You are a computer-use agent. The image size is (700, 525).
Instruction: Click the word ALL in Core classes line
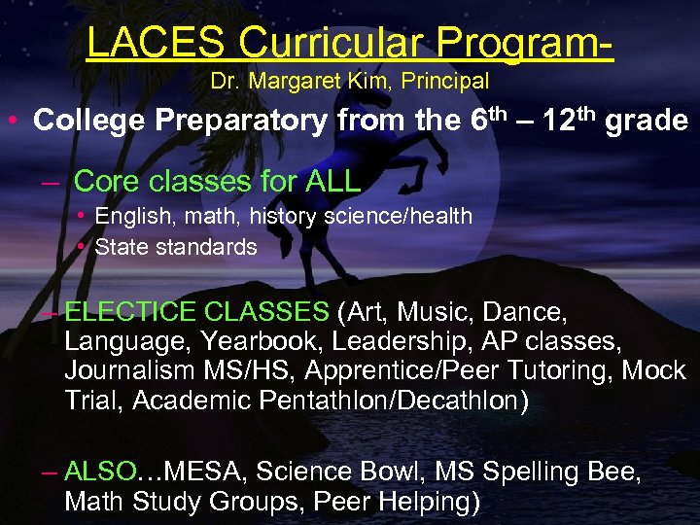pyautogui.click(x=332, y=181)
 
